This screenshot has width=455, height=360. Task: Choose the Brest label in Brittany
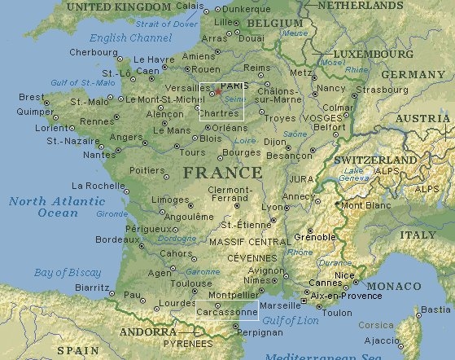(30, 96)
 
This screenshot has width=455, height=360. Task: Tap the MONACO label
(393, 287)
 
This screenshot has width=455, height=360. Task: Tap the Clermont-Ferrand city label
(230, 194)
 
